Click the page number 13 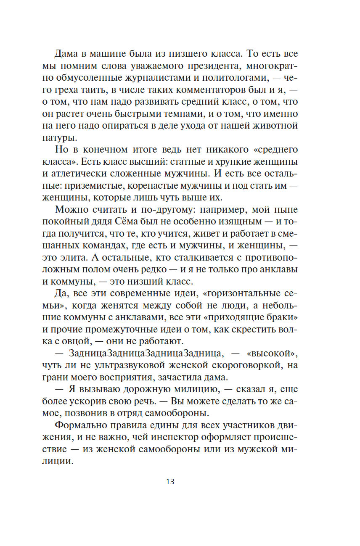point(170,482)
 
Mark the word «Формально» point(80,425)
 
